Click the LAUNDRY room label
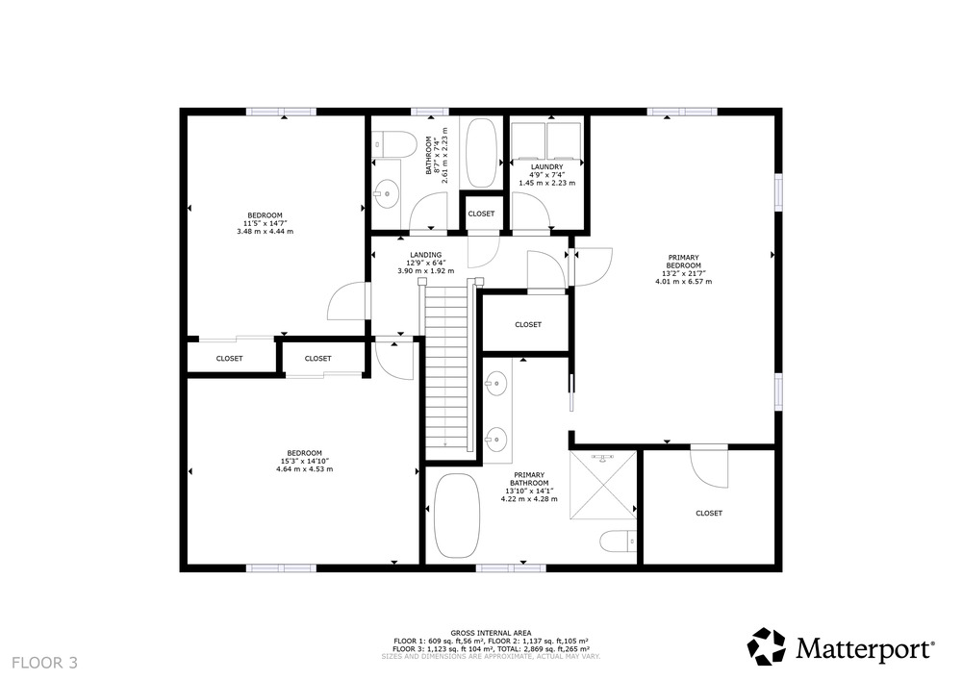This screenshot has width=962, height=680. point(546,166)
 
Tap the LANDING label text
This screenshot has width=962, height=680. point(426,255)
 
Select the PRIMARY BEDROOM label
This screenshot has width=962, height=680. point(683,262)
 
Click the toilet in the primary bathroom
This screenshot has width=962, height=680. point(618,541)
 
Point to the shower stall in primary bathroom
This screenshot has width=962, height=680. point(603,485)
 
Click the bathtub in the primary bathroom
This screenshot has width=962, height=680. point(456,516)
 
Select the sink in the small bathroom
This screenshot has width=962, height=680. point(386,193)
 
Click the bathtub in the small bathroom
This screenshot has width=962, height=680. point(482,153)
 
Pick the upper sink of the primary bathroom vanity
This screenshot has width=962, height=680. point(495,385)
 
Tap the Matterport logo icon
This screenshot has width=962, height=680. point(767,646)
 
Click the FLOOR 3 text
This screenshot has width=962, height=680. point(45,663)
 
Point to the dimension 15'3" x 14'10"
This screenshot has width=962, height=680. point(304,461)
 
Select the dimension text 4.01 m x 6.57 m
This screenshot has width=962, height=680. point(683,282)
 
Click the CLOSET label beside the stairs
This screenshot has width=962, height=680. point(528,324)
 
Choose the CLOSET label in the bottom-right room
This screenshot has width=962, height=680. point(709,514)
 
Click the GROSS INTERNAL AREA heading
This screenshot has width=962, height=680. point(491,633)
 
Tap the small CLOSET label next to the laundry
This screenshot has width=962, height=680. point(481,214)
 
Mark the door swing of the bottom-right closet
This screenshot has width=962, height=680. point(710,467)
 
